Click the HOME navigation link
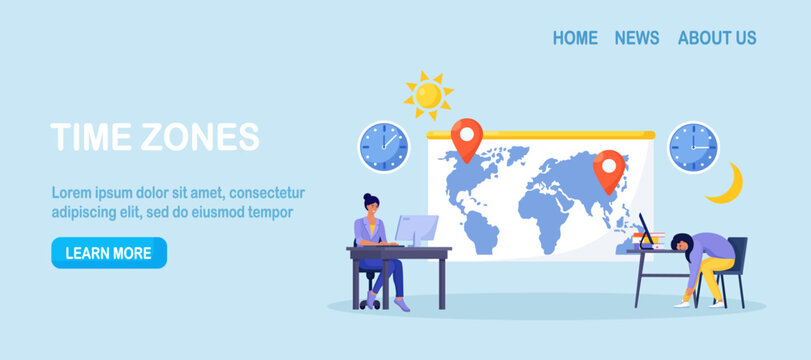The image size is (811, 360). [575, 38]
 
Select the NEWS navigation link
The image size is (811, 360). [637, 38]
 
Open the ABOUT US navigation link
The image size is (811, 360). [717, 38]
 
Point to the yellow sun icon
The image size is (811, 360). [428, 95]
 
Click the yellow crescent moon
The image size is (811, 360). [727, 184]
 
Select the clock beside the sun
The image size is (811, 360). [383, 147]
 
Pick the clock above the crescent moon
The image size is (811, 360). [693, 147]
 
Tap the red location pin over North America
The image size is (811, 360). [466, 138]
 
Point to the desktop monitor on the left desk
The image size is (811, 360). [417, 230]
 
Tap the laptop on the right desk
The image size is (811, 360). [646, 232]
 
